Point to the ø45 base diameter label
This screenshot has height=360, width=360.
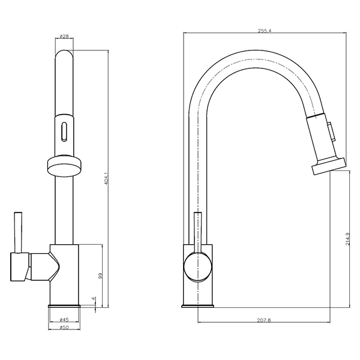tap(64, 319)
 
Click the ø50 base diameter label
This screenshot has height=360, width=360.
tap(64, 328)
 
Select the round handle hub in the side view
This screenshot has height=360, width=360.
tap(198, 267)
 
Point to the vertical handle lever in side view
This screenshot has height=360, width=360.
tap(198, 231)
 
